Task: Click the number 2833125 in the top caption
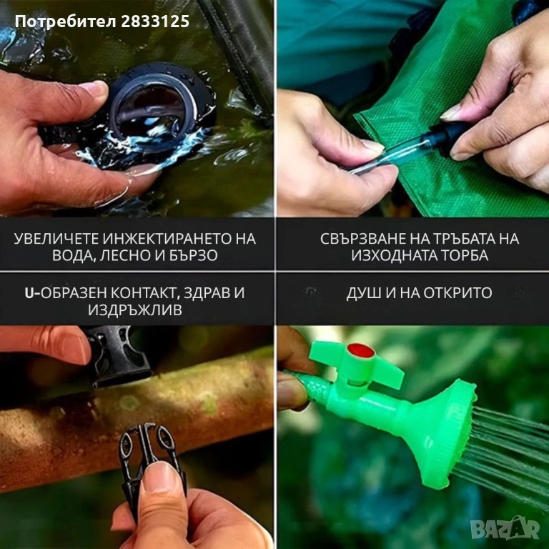pos(155,21)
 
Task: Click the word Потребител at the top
pos(66,21)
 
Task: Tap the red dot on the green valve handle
pos(361,350)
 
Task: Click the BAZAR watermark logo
pos(505,528)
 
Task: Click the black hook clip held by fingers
pos(147,452)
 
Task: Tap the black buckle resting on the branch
pos(117,355)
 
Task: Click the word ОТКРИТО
pos(457,292)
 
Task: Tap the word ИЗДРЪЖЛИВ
pos(135,310)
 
